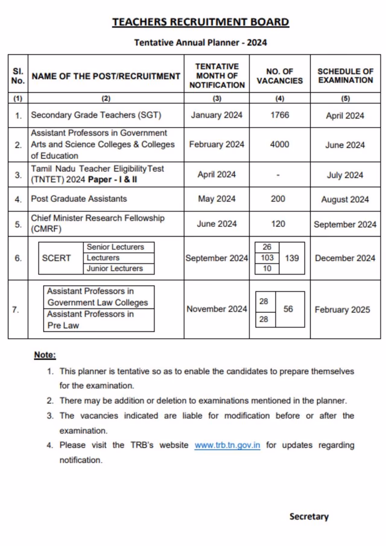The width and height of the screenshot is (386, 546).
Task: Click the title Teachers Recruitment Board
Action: click(x=201, y=22)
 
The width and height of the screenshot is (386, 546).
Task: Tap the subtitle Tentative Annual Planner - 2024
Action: click(x=201, y=43)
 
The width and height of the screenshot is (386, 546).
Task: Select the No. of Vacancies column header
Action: click(x=280, y=76)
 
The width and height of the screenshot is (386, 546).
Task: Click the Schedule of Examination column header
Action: click(x=345, y=76)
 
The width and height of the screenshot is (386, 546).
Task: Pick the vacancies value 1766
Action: click(x=280, y=115)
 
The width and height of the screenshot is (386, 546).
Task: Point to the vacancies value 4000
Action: click(x=280, y=144)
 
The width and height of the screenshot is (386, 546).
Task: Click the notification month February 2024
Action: click(x=217, y=144)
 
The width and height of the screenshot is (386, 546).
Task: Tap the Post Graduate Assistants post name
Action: click(x=79, y=199)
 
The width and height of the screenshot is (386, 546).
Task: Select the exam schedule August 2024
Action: click(x=345, y=199)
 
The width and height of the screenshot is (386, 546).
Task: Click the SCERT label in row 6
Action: click(x=56, y=258)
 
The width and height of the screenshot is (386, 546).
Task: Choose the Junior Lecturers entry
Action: click(x=115, y=269)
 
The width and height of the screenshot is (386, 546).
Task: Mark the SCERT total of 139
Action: click(x=292, y=258)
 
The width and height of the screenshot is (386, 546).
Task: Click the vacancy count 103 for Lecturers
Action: click(x=267, y=258)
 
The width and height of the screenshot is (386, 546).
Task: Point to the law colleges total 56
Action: click(x=288, y=309)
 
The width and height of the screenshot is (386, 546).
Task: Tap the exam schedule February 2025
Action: click(x=342, y=310)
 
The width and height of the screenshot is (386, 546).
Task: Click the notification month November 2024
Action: click(x=217, y=309)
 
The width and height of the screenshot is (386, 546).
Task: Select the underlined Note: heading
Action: click(x=45, y=355)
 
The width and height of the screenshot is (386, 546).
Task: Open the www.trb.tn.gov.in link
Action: click(x=227, y=445)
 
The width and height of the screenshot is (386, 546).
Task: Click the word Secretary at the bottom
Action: click(x=309, y=516)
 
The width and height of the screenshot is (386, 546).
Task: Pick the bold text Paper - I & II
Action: click(x=112, y=180)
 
